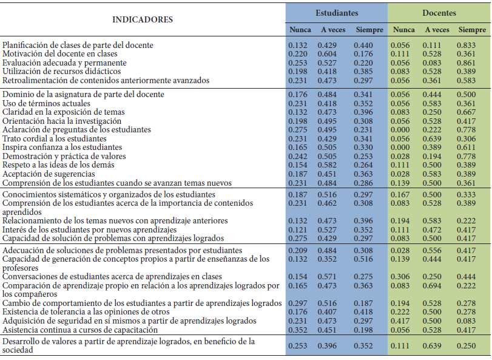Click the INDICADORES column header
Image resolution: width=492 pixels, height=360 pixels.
pyautogui.click(x=143, y=19)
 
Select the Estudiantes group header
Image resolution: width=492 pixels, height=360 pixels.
pyautogui.click(x=337, y=13)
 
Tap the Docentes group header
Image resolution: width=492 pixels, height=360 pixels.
pyautogui.click(x=440, y=13)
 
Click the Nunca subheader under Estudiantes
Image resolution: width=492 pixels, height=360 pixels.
pyautogui.click(x=300, y=30)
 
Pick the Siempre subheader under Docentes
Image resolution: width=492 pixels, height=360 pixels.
pyautogui.click(x=472, y=30)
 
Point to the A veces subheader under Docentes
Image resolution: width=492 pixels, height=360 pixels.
pyautogui.click(x=437, y=30)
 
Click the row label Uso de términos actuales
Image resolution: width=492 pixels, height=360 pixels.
pyautogui.click(x=46, y=103)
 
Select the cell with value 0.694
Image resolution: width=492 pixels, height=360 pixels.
pyautogui.click(x=437, y=285)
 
